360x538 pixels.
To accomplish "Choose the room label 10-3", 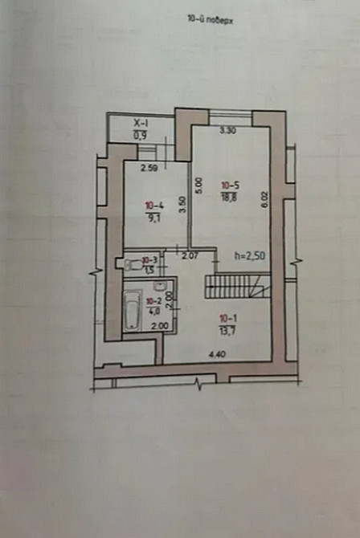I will click(149, 260).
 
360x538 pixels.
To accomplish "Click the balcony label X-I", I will click(141, 123).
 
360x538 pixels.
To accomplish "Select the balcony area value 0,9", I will click(141, 134).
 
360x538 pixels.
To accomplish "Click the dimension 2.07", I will click(190, 257).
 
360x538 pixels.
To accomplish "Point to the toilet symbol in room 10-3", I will click(129, 263).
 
